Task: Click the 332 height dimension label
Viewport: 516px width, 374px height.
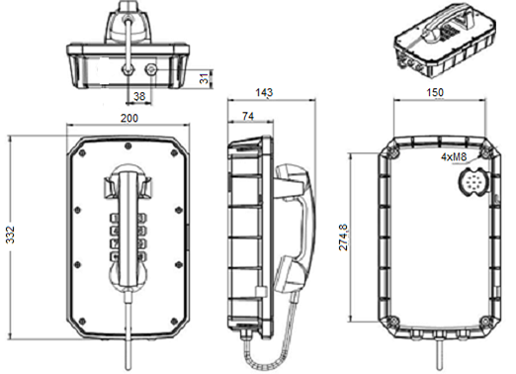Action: (x=11, y=234)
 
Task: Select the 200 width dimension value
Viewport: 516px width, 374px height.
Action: (x=129, y=118)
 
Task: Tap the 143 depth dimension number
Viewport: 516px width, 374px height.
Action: (x=264, y=92)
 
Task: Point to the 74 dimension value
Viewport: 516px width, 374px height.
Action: (x=248, y=116)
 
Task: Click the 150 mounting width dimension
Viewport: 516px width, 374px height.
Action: (x=435, y=92)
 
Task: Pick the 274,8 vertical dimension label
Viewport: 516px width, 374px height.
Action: (x=343, y=237)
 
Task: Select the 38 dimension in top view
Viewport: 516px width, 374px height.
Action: (x=139, y=96)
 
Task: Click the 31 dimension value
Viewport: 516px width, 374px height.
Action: (x=205, y=78)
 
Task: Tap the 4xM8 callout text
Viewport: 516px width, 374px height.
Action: (x=454, y=157)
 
